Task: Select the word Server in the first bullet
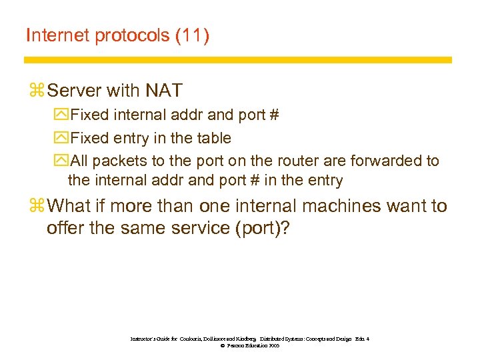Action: click(74, 90)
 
